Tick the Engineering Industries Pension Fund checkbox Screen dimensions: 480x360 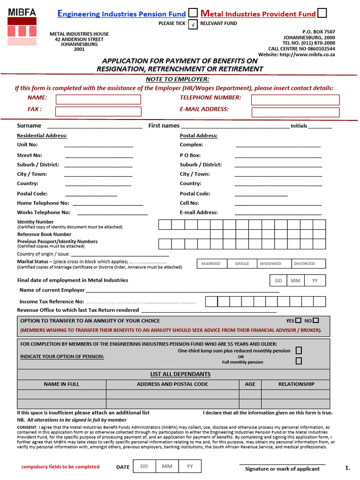point(193,13)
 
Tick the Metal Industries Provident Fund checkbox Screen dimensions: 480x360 point(322,13)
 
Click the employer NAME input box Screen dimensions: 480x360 point(98,99)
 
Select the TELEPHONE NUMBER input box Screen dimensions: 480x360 point(295,100)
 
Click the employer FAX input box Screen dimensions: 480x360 point(98,112)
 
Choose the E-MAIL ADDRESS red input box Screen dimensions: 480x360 point(295,112)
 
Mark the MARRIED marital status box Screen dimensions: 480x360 point(211,263)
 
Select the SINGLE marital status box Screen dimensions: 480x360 point(242,263)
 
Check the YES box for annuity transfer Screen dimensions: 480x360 point(298,321)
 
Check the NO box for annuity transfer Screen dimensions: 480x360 point(315,321)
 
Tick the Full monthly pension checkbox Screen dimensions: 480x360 point(299,361)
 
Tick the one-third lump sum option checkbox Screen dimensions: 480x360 point(299,351)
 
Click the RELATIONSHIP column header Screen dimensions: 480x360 point(296,384)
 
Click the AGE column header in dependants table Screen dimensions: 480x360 point(250,384)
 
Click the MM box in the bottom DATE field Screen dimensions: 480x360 point(167,466)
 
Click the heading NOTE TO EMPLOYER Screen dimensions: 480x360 point(177,79)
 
